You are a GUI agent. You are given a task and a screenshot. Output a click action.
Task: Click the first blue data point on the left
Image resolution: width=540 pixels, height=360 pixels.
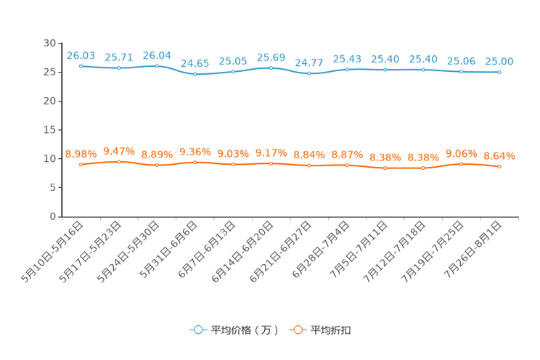(81, 66)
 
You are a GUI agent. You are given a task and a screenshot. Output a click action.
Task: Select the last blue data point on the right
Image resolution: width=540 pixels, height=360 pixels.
(499, 72)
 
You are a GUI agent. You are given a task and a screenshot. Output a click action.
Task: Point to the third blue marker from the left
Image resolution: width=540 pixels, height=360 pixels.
(157, 66)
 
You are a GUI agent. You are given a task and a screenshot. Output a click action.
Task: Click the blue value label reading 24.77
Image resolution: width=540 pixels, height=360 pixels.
(309, 62)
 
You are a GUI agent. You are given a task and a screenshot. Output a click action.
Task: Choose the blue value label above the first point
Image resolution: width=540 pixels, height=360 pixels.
(81, 55)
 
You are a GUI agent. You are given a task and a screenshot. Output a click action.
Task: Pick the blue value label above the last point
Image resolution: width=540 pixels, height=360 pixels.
(499, 61)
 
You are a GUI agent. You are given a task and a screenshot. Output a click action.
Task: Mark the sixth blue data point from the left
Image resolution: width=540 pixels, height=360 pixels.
(271, 68)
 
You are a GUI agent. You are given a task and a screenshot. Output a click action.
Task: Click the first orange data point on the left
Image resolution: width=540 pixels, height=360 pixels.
(81, 164)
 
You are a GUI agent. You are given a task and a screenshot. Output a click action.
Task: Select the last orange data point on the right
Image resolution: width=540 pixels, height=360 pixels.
(499, 167)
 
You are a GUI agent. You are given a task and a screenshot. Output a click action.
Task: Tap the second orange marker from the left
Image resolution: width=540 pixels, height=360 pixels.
(118, 162)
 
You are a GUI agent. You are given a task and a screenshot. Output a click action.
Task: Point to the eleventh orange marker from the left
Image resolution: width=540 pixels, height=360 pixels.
(461, 164)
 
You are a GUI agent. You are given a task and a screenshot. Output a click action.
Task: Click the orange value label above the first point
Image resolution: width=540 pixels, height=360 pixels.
(81, 153)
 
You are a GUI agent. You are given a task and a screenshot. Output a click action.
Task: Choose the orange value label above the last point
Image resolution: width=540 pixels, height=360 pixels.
(499, 156)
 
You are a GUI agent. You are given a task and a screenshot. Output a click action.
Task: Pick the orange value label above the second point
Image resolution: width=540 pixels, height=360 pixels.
(118, 150)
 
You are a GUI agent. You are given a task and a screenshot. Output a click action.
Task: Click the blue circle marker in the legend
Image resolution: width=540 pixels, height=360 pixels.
(197, 330)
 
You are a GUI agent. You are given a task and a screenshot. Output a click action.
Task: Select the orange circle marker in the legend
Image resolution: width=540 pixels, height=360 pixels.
(297, 330)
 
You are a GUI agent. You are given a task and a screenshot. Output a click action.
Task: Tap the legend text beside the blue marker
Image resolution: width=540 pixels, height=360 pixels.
(244, 330)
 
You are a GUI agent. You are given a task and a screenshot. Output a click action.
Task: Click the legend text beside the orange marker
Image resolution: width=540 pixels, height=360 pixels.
(332, 330)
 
